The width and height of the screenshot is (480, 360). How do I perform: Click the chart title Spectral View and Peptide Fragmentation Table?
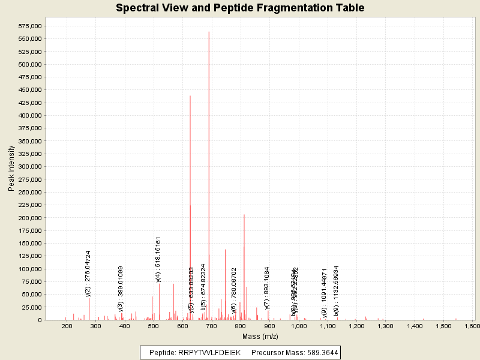coord(240,8)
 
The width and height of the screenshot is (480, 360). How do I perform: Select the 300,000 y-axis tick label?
coord(29,167)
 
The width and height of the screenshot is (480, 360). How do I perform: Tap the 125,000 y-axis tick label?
coord(29,256)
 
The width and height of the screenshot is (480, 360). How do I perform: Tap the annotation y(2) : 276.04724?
coord(88,273)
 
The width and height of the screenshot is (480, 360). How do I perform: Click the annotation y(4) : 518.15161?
coord(158,259)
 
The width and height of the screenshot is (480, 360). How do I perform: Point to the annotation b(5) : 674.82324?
coord(204,287)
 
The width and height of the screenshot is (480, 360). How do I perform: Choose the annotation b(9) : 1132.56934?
coord(337,290)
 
